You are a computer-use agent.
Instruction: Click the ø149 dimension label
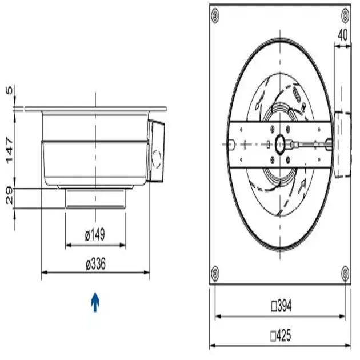click(95, 235)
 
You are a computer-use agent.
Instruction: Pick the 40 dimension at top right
click(342, 34)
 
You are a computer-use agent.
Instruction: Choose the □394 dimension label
click(282, 307)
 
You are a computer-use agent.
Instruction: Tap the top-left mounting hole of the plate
click(215, 15)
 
